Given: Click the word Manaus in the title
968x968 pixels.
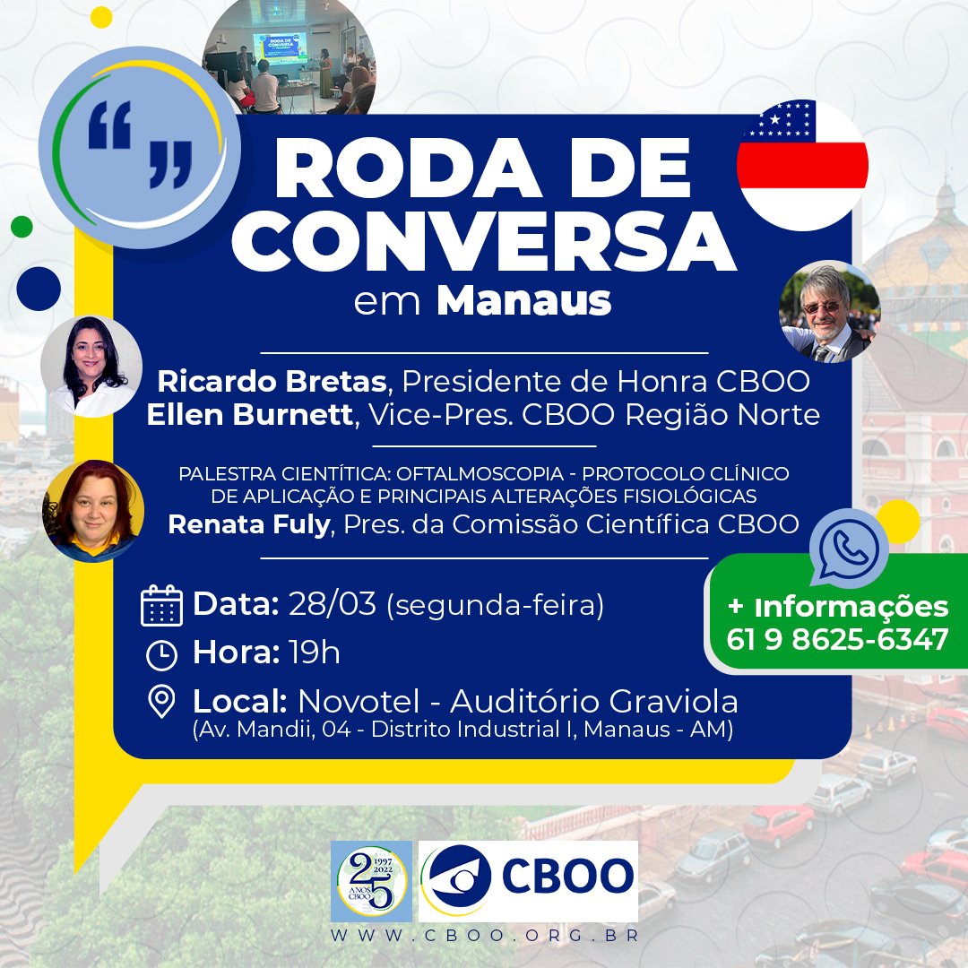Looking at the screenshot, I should [x=524, y=301].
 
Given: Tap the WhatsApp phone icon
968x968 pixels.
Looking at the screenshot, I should [x=847, y=549].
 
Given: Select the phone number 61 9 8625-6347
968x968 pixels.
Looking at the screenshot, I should [x=838, y=639].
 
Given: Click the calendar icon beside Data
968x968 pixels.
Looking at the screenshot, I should [x=162, y=605].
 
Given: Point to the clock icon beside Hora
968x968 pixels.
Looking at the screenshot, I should [x=161, y=655].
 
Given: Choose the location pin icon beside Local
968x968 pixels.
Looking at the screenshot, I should [x=161, y=702].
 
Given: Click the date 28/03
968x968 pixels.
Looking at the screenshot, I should [x=332, y=604].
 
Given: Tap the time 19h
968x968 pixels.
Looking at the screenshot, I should [x=315, y=653].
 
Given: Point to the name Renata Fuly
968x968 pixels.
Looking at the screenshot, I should [x=248, y=524].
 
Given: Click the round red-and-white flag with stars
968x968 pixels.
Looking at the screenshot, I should [x=801, y=165].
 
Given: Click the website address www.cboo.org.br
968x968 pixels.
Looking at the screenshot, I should [x=484, y=935].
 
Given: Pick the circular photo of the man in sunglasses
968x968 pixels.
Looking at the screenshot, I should [x=829, y=311].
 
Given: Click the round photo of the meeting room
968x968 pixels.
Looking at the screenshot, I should [x=289, y=59].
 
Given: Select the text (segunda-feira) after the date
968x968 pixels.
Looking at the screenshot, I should [x=495, y=605].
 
